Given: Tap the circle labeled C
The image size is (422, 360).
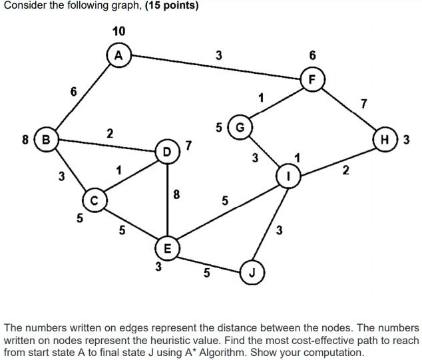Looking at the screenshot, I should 94,199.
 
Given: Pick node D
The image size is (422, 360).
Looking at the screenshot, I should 166,151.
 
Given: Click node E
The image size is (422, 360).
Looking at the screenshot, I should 166,248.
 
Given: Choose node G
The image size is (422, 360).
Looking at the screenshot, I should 240,126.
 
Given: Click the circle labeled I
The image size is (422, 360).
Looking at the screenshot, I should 288,176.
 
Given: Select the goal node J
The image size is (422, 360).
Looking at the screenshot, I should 252,273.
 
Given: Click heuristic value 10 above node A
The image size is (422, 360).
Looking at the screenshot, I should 118,31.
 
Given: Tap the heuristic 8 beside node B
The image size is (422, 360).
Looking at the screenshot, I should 25,140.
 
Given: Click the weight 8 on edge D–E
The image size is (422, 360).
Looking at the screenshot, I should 176,195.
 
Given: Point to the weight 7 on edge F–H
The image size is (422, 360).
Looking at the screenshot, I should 363,103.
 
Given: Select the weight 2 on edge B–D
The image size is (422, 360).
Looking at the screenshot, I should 109,134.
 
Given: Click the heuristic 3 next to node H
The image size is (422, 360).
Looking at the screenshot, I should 405,140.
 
